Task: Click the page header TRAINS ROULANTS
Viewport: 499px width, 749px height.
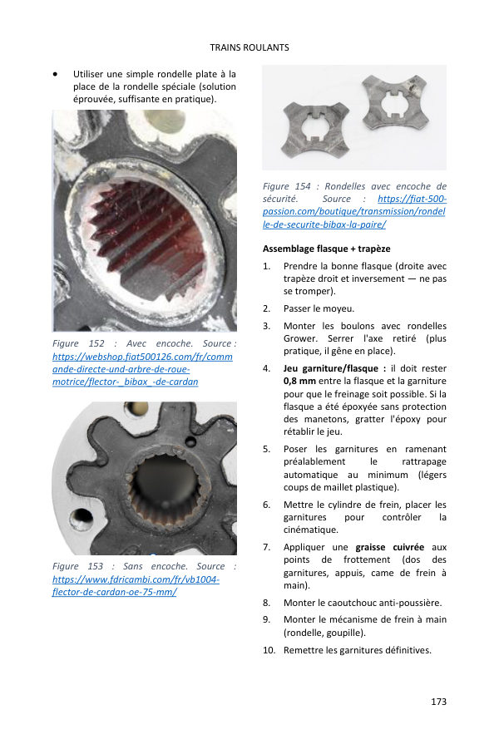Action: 249,47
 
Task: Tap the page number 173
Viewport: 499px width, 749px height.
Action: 438,702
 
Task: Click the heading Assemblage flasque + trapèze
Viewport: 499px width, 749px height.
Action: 327,249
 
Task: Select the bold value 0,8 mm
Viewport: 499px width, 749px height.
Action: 299,381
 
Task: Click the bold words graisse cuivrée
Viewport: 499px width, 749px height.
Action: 389,547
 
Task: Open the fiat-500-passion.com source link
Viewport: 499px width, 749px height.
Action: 354,211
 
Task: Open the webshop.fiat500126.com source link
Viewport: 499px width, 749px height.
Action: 142,369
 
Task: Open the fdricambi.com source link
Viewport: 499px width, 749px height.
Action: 136,585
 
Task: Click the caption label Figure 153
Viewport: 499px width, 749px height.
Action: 77,566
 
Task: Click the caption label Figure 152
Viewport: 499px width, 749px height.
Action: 78,343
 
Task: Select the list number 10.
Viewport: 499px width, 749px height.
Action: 269,650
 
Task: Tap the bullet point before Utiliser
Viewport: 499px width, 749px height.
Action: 56,75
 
